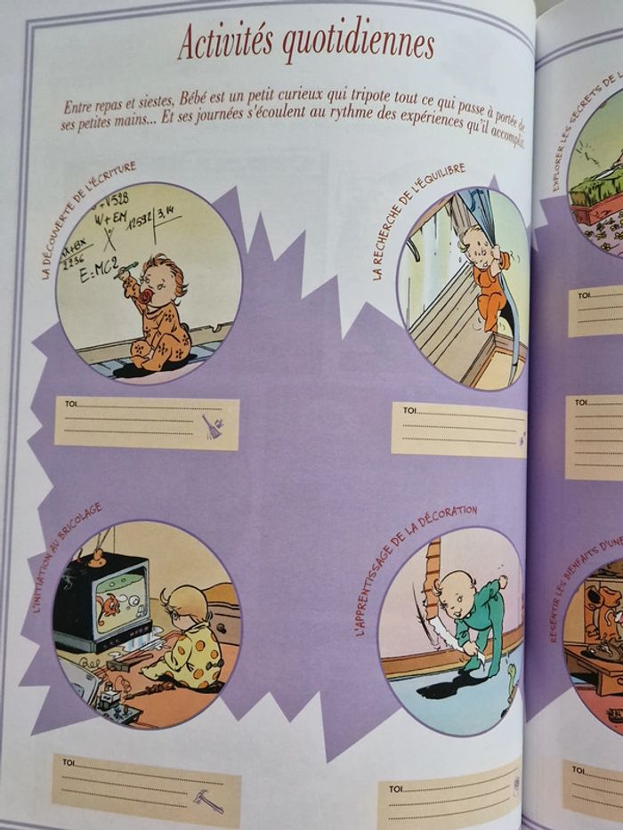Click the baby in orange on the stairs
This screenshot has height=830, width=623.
485,277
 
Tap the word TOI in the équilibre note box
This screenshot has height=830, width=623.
409,411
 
